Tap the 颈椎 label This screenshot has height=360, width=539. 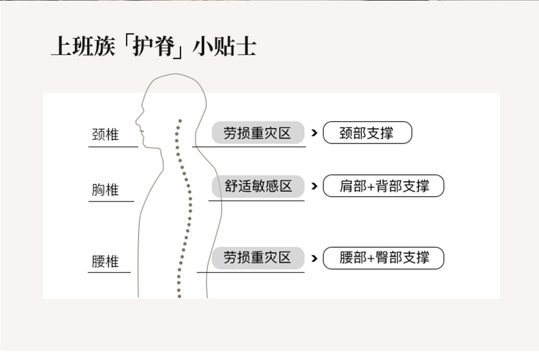(105, 134)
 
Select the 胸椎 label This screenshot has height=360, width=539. (105, 190)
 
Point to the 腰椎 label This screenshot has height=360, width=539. (105, 261)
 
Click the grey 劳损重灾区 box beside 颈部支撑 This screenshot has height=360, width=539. (258, 133)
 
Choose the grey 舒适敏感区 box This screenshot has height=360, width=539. (258, 186)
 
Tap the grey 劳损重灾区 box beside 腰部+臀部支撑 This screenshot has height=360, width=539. (258, 258)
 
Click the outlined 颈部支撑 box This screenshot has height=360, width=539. (367, 133)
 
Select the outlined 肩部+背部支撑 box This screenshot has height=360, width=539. (383, 186)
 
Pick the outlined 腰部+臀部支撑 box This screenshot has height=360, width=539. (383, 258)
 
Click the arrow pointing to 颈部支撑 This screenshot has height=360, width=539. (314, 133)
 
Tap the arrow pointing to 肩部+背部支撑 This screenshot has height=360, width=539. (314, 186)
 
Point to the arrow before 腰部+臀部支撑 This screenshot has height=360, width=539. (314, 258)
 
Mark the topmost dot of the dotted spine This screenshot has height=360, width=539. (180, 121)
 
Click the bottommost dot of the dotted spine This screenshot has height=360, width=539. (179, 296)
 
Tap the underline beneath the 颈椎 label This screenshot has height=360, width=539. (113, 147)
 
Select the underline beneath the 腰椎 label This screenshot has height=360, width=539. (109, 272)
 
